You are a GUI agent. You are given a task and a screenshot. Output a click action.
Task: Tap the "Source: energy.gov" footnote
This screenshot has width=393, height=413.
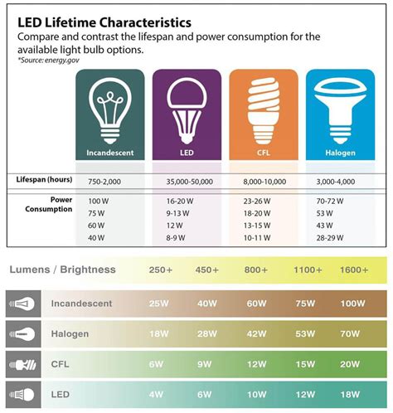[x=44, y=60]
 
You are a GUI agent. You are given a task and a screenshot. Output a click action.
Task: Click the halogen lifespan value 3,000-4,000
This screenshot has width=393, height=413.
[x=335, y=180]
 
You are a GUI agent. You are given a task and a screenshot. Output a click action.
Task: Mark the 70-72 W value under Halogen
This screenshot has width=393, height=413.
[x=331, y=201]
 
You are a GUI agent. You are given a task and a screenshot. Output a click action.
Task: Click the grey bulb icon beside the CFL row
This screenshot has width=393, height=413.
[x=22, y=364]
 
